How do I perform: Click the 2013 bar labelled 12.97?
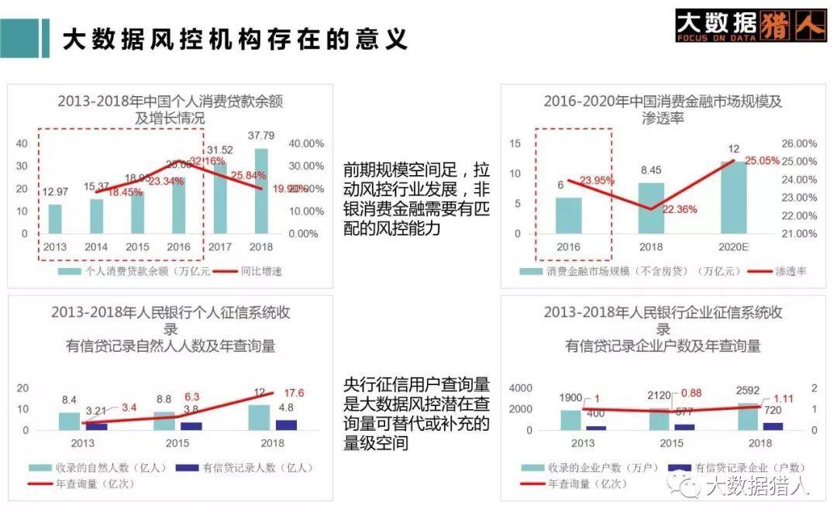[54, 218]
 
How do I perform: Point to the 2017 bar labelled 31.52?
[220, 198]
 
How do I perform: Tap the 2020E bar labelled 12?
[732, 198]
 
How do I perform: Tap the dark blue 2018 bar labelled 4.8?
[286, 425]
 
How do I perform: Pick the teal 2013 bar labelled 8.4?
[69, 421]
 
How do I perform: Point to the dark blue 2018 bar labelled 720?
[772, 425]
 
